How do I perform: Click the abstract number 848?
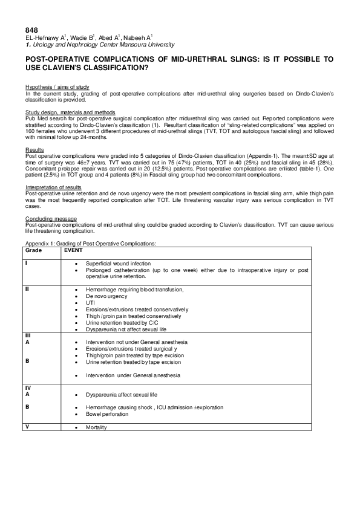pyautogui.click(x=31, y=30)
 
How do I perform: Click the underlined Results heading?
pyautogui.click(x=33, y=149)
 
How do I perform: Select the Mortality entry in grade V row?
pyautogui.click(x=96, y=427)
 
